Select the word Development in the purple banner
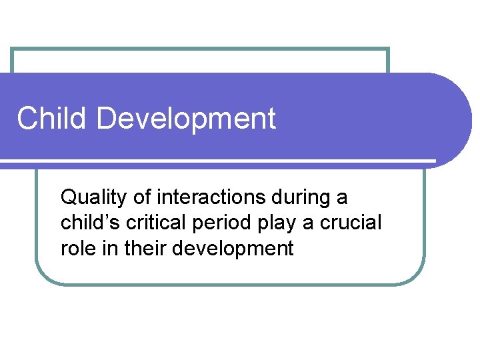point(185,119)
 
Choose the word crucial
point(351,223)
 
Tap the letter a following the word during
point(342,198)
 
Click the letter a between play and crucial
point(308,223)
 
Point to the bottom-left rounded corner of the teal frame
point(41,277)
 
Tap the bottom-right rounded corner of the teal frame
point(418,277)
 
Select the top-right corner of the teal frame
point(388,49)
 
